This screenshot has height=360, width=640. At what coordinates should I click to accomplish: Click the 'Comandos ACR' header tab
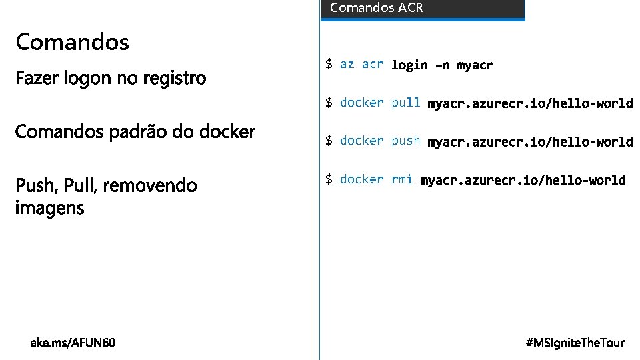[377, 9]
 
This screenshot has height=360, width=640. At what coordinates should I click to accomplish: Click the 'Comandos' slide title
[72, 43]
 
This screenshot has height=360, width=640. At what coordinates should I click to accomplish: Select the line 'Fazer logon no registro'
[111, 79]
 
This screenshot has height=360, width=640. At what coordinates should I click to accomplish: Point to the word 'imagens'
[50, 208]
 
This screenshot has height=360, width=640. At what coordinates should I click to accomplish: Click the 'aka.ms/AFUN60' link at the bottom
[73, 343]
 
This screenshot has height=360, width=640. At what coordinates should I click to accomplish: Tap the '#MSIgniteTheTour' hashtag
[575, 343]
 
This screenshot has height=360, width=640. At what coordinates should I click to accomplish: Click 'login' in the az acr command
[409, 65]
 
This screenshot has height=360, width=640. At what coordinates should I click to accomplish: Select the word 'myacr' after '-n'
[475, 65]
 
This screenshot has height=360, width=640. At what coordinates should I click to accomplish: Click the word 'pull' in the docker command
[406, 103]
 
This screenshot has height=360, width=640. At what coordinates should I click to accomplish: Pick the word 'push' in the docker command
[406, 141]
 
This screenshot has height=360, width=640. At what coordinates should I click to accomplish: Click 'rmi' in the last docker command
[402, 179]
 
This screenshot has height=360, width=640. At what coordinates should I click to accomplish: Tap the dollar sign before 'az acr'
[329, 64]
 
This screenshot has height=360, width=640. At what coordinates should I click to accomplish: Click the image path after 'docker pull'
[530, 103]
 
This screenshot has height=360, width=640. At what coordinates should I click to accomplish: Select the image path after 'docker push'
[530, 141]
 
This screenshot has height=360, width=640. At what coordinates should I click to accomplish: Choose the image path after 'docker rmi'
[523, 180]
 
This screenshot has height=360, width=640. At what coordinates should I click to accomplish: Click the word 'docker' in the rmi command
[362, 179]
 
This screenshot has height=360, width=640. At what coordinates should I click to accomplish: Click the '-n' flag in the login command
[442, 65]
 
